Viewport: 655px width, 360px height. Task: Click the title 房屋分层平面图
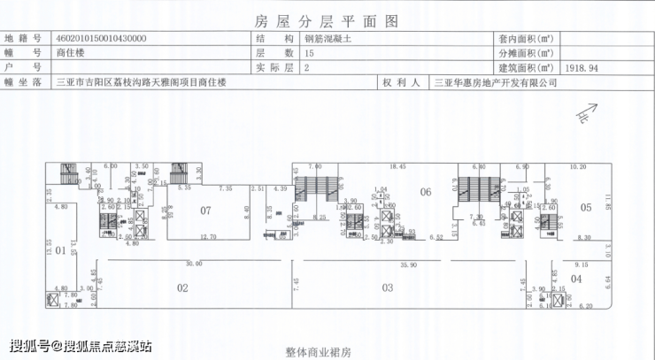coord(327,19)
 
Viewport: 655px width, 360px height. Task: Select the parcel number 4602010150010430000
coord(101,40)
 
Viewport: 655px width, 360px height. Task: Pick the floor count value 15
coord(309,54)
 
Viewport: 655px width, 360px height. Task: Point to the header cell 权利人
coord(400,82)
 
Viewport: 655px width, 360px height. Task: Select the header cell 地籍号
coord(23,40)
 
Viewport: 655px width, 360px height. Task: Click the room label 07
coord(205,211)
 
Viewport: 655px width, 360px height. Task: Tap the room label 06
coord(425,192)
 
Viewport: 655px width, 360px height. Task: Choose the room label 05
coord(585,207)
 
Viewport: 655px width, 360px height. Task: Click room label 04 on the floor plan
coord(576,279)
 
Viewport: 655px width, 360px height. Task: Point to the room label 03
coord(387,287)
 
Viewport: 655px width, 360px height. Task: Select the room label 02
coord(182,287)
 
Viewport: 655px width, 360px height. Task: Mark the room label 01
coord(60,251)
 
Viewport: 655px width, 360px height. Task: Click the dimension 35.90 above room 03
coord(407,264)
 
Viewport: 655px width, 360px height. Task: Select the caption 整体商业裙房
coord(319,352)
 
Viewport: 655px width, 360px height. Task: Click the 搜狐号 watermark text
coord(80,345)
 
